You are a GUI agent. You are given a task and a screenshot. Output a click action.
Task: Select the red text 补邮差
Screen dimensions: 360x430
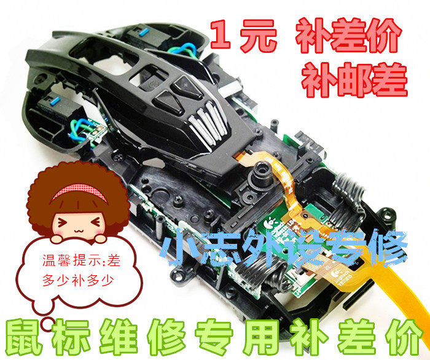tap(354, 75)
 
